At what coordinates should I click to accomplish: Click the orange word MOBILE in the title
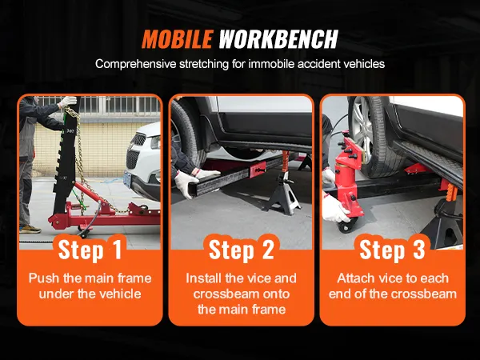pos(178,39)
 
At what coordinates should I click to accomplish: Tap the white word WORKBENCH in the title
pos(278,39)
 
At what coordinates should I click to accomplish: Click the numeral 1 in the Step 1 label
pos(115,249)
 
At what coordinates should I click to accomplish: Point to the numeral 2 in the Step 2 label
pos(267,249)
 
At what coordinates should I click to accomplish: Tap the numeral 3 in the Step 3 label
pos(418,249)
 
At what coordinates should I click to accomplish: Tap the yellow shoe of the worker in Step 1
pos(30,229)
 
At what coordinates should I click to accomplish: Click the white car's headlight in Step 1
pos(155,142)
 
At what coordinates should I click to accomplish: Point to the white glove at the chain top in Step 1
pos(68,102)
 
